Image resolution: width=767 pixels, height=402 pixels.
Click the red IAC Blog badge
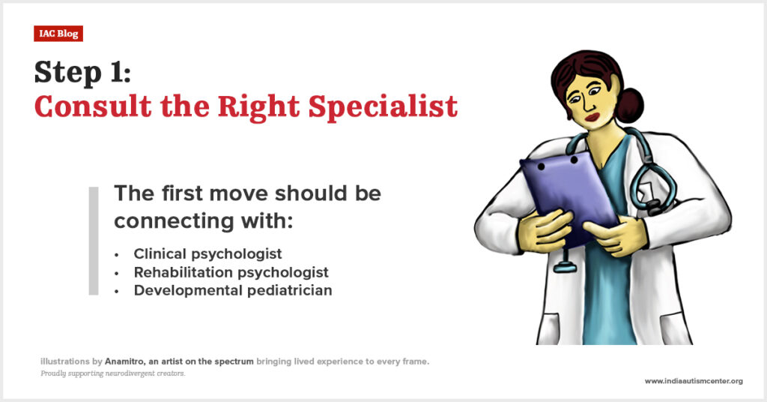click(x=58, y=33)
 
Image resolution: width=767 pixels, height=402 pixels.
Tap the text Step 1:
click(x=82, y=73)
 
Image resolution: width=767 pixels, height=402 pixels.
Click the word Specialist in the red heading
click(x=383, y=106)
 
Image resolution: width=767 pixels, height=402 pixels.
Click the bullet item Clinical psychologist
click(x=208, y=254)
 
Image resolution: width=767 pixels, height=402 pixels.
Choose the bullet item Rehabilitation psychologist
click(x=231, y=272)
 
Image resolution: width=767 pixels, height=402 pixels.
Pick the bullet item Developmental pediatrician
click(x=233, y=290)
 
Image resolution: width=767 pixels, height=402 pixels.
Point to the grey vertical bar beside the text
click(x=94, y=241)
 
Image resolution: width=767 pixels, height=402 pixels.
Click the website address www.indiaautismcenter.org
click(x=694, y=381)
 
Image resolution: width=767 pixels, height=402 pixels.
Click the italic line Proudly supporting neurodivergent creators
click(x=113, y=373)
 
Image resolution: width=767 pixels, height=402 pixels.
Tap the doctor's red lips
click(x=593, y=117)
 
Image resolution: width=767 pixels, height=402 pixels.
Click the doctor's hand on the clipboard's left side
click(x=544, y=230)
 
